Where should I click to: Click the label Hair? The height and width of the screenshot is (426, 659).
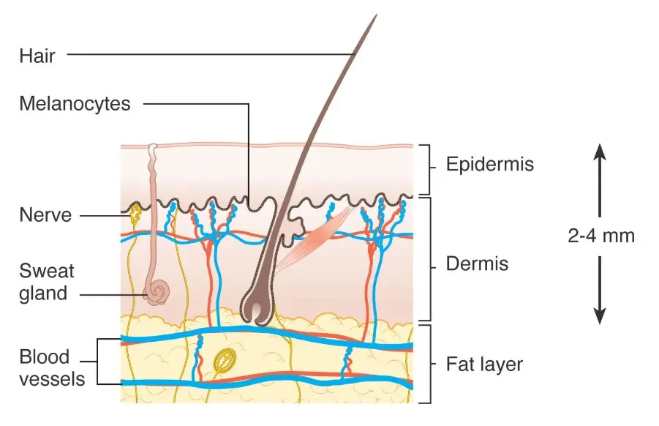pos(37,56)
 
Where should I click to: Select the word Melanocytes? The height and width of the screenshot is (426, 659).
pos(75,104)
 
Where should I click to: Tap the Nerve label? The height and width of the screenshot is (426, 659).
pos(45,215)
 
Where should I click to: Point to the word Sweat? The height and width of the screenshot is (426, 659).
pos(47,271)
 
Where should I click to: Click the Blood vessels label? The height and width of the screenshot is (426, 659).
pos(52,368)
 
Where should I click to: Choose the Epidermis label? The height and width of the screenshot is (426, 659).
pos(489,165)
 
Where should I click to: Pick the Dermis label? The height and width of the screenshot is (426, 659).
pos(477,264)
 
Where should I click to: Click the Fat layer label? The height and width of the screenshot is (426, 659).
pos(484,365)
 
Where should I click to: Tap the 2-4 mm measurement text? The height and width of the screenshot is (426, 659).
pos(601,236)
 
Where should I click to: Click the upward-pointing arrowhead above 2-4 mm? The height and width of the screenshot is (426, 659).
pos(600,152)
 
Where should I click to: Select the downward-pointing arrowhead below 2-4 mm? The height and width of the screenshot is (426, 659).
pos(600,316)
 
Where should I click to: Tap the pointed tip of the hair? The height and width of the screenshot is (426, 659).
pos(376,15)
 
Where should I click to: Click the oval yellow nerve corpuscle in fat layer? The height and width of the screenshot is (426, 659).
pos(225,360)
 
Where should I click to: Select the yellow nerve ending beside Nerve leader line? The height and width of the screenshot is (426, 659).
pos(135,214)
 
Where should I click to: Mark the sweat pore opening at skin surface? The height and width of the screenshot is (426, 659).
pos(154,147)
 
